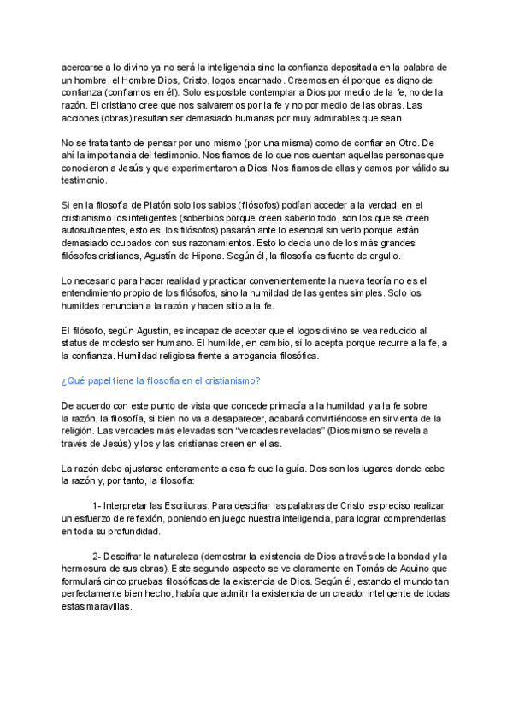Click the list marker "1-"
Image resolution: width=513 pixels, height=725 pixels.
[x=97, y=505]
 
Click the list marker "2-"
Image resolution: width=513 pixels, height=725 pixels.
[x=97, y=557]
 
